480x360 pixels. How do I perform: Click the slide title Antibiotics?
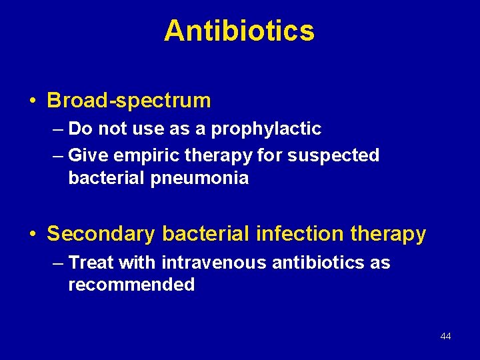coord(239,31)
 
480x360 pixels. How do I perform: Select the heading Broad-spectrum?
coord(129,101)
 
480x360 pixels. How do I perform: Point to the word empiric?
coord(137,155)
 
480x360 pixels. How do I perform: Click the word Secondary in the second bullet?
coord(101,234)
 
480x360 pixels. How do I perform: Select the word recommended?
coord(131,285)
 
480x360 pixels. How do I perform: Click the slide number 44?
coord(445,336)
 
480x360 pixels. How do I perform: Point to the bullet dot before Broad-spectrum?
coord(33,101)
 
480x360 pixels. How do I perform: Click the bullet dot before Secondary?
coord(33,235)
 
